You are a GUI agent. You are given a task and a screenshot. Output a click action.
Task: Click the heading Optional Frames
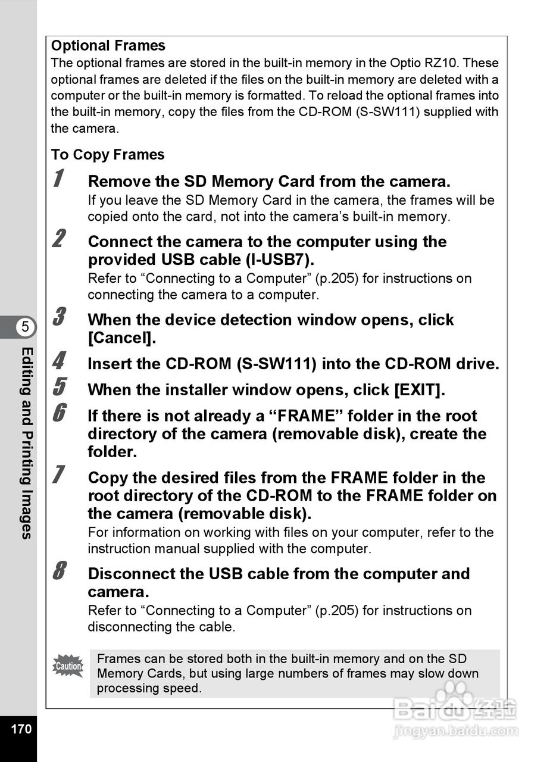108,46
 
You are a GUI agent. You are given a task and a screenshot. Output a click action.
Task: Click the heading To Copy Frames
108,155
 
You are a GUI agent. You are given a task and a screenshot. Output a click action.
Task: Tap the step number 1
58,179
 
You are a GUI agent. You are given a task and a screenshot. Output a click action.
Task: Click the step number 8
59,571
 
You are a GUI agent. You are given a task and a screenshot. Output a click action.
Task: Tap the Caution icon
68,666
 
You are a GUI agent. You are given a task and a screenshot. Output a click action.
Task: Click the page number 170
21,729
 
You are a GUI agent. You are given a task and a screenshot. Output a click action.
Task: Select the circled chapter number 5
25,327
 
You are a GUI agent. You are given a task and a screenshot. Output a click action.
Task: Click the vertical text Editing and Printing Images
26,443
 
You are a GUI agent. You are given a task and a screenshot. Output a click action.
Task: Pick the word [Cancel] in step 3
121,338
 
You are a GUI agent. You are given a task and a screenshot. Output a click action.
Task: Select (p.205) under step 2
336,279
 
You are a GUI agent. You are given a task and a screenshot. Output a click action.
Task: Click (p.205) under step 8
336,611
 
